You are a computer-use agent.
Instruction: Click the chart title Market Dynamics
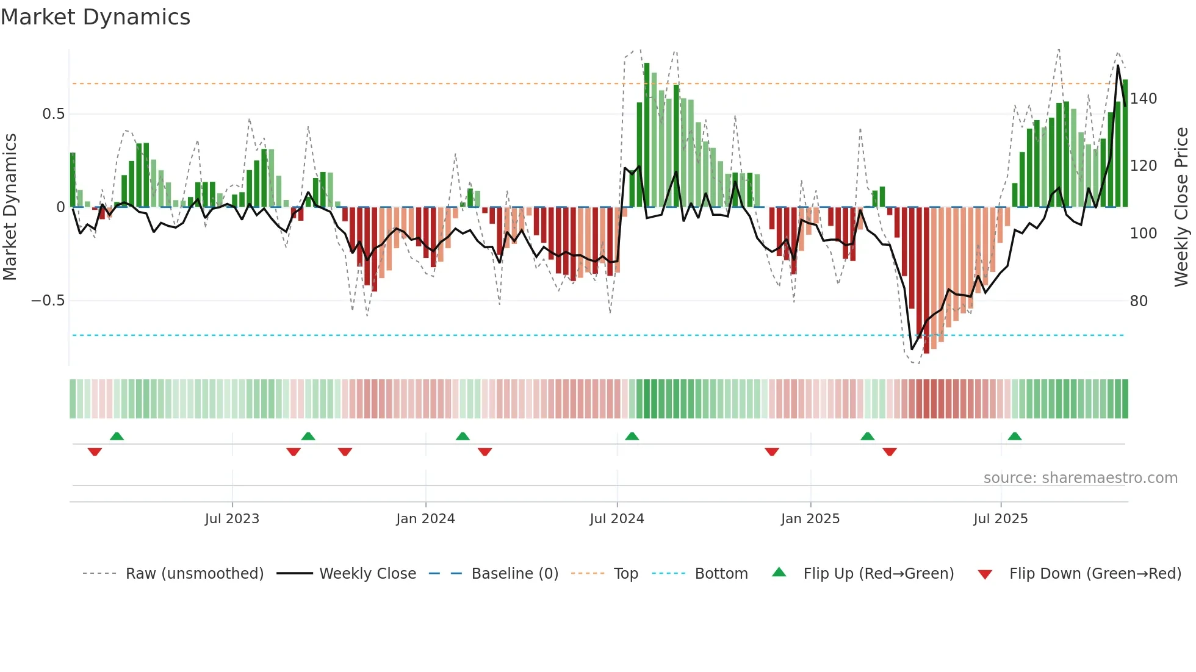click(x=96, y=17)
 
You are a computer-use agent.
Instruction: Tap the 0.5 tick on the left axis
click(x=53, y=114)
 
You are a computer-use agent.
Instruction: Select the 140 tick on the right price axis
click(x=1143, y=98)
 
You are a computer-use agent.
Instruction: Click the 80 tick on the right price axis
click(x=1139, y=301)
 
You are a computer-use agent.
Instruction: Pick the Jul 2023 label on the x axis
click(x=232, y=519)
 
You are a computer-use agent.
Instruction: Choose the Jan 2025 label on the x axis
click(x=810, y=519)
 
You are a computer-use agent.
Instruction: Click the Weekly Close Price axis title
click(x=1181, y=207)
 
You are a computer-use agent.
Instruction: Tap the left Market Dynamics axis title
click(x=10, y=207)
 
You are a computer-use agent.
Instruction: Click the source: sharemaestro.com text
click(x=1080, y=478)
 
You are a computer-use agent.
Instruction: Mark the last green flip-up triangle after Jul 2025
click(x=1015, y=437)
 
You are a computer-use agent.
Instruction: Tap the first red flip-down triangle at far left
click(x=95, y=452)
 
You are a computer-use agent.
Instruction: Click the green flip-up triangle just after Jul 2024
click(x=632, y=437)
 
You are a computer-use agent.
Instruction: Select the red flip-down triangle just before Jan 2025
click(x=772, y=452)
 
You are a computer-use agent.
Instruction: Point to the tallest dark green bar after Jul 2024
click(x=647, y=134)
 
